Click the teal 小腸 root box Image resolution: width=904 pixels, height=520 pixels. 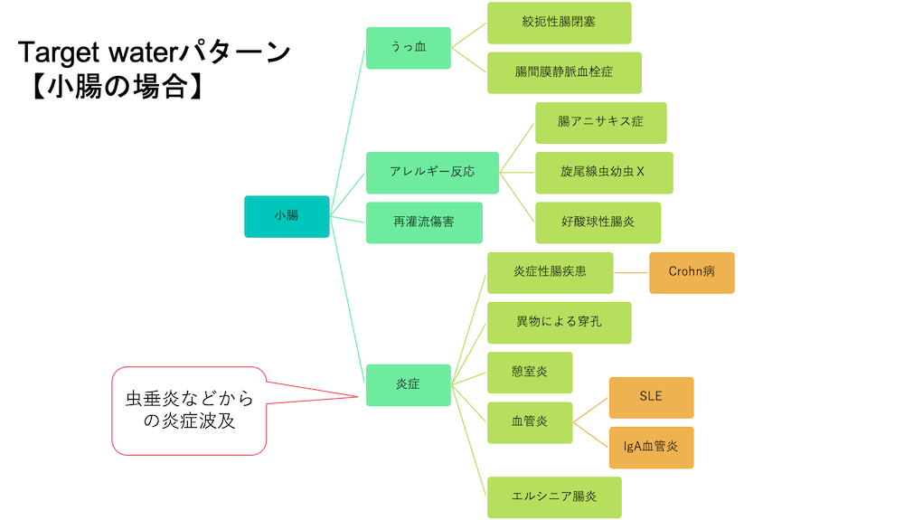click(x=287, y=216)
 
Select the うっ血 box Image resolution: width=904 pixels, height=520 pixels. click(x=408, y=48)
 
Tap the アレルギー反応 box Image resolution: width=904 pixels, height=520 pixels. click(x=432, y=172)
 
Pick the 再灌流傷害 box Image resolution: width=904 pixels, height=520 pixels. click(x=424, y=222)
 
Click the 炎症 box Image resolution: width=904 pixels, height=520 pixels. click(x=408, y=383)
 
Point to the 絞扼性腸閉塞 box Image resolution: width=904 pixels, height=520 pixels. click(x=559, y=24)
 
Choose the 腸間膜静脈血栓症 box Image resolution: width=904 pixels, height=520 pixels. click(x=563, y=72)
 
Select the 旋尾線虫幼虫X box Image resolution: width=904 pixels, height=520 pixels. click(x=603, y=172)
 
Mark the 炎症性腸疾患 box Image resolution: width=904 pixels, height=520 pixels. click(x=550, y=272)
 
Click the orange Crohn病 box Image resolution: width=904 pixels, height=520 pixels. click(x=692, y=272)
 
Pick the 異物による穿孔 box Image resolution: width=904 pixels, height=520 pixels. click(x=558, y=322)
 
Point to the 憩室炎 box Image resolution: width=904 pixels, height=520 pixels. click(x=530, y=372)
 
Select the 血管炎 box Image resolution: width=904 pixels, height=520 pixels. click(x=530, y=422)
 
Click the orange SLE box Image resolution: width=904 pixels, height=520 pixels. click(x=651, y=397)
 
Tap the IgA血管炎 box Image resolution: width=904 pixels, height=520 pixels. click(x=651, y=447)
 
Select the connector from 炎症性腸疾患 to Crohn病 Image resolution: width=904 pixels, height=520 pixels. click(x=632, y=272)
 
